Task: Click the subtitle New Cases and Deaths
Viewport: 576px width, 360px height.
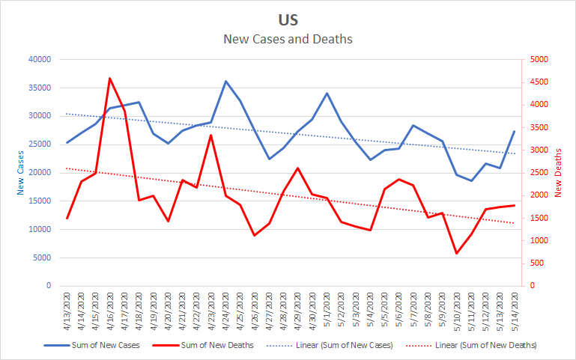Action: [x=288, y=38]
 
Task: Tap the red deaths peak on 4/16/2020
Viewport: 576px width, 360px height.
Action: [x=110, y=78]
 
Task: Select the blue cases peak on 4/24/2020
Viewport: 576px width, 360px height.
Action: [x=225, y=81]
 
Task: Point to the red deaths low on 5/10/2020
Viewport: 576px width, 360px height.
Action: [x=456, y=253]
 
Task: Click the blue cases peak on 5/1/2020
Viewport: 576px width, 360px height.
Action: [x=327, y=94]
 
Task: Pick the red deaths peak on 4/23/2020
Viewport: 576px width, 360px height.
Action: [x=211, y=135]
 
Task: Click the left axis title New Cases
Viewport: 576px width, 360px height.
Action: [x=21, y=173]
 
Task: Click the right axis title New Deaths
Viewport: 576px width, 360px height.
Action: [x=559, y=173]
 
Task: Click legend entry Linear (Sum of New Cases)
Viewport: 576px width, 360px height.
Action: [x=341, y=345]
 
